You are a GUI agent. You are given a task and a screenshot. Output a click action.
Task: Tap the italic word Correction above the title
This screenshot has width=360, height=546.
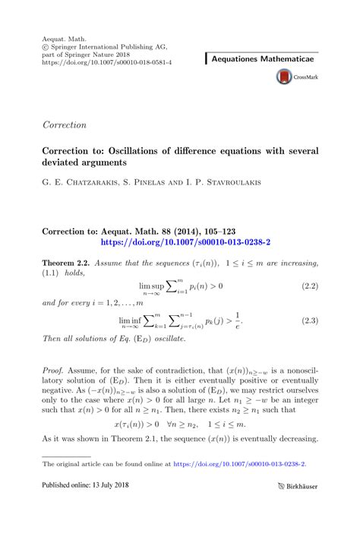[x=65, y=125]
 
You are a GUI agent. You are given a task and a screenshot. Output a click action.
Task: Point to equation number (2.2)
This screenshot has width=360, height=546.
[x=305, y=287]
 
